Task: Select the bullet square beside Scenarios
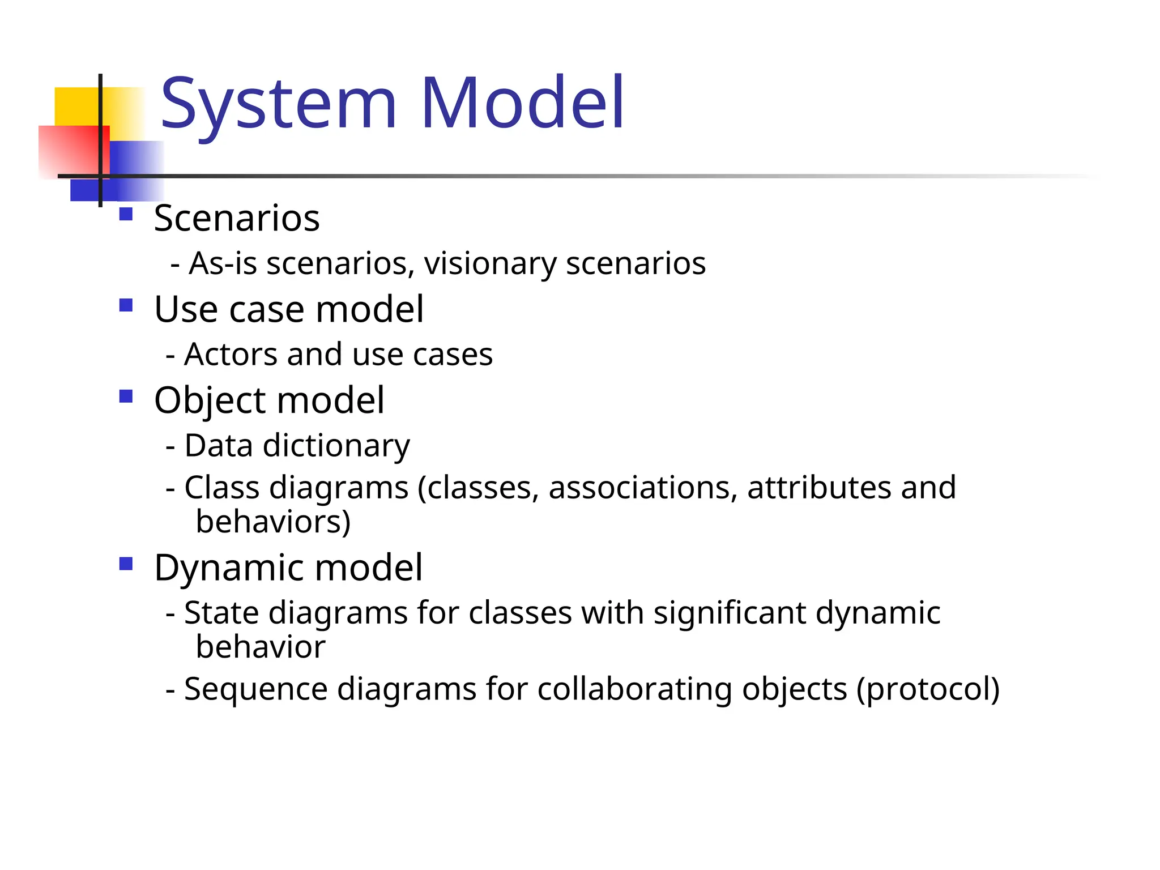(126, 214)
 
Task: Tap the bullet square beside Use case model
(126, 306)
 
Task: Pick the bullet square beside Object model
(126, 396)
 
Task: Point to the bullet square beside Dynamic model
(126, 564)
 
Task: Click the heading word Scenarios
(237, 218)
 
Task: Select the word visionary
(491, 264)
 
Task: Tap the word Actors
(231, 355)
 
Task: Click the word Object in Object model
(210, 401)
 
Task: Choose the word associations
(642, 488)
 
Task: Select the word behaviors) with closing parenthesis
(273, 522)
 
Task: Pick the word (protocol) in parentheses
(928, 690)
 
